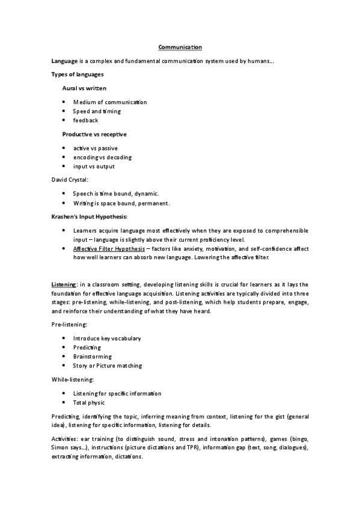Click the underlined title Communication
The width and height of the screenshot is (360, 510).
click(180, 47)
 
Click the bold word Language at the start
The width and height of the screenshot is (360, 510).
click(64, 61)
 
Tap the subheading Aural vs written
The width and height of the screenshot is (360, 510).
click(84, 88)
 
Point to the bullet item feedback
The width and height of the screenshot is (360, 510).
click(85, 120)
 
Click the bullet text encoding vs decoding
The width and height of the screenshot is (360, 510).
click(102, 157)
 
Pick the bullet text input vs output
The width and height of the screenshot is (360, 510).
click(94, 166)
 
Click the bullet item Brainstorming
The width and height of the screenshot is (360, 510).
click(92, 356)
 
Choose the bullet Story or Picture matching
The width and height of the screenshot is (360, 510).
click(107, 365)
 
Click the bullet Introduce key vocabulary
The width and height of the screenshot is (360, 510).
click(107, 338)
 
